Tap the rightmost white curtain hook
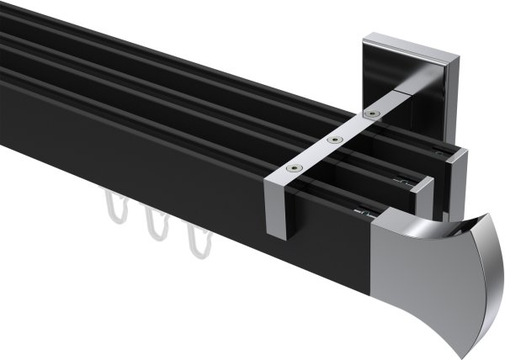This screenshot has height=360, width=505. click(x=195, y=240)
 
